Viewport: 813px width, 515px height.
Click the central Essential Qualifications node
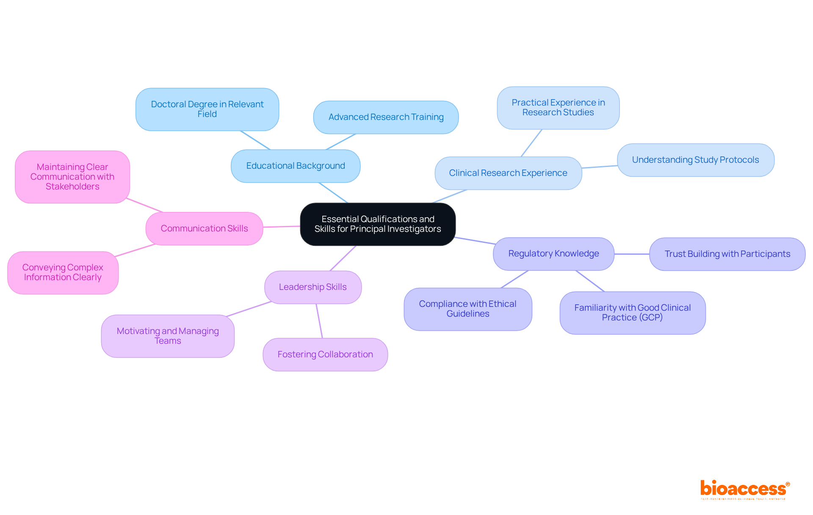click(x=378, y=224)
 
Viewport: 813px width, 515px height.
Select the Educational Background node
click(x=296, y=166)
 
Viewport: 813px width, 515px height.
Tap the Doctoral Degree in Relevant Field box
click(x=207, y=109)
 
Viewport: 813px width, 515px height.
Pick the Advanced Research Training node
click(x=386, y=117)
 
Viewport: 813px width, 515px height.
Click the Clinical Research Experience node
click(x=508, y=173)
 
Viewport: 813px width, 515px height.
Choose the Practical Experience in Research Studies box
click(x=558, y=108)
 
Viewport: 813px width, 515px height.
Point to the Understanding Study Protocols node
click(x=695, y=160)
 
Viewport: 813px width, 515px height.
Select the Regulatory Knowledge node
click(x=553, y=254)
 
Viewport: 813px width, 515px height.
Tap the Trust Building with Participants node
click(x=727, y=254)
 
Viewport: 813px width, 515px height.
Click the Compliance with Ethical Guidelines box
click(x=467, y=309)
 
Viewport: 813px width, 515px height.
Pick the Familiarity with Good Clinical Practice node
click(x=632, y=313)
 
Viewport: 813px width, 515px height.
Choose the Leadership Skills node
click(x=313, y=287)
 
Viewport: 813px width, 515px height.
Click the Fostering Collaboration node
click(x=325, y=355)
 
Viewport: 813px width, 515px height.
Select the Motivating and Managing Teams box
click(x=168, y=336)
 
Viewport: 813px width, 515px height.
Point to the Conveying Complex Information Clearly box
click(x=63, y=273)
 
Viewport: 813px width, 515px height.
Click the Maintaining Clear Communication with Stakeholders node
click(x=72, y=177)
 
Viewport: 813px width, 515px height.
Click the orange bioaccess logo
click(x=744, y=489)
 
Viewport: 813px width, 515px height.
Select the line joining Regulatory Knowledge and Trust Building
click(x=632, y=254)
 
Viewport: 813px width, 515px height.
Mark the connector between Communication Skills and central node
click(x=282, y=227)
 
